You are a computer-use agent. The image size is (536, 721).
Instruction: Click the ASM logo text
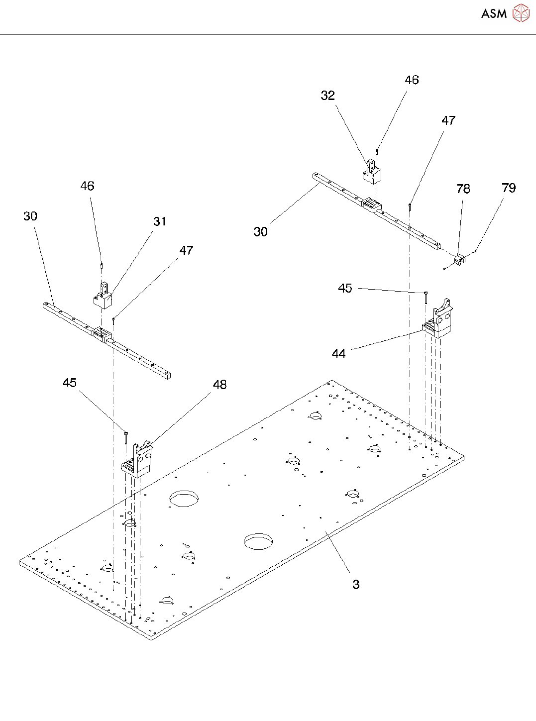point(494,14)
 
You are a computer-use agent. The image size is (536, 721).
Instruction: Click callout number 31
point(160,221)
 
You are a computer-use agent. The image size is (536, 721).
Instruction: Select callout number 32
point(327,96)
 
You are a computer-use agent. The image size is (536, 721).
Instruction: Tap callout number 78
point(463,189)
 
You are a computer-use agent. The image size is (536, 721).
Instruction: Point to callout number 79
point(509,188)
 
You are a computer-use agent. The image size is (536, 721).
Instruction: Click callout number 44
point(338,354)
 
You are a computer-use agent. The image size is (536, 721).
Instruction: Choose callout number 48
point(219,385)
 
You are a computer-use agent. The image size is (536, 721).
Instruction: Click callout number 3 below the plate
point(356,585)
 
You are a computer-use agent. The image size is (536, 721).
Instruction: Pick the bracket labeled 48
point(137,460)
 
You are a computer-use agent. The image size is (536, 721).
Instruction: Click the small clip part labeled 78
point(460,259)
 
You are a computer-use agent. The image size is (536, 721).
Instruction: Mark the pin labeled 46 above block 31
point(102,265)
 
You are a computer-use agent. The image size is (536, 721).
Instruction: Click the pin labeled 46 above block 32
point(377,152)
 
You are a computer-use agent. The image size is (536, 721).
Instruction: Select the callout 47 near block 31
point(186,250)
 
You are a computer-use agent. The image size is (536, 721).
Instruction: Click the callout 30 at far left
point(30,216)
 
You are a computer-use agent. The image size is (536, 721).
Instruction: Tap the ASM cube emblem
point(521,13)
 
